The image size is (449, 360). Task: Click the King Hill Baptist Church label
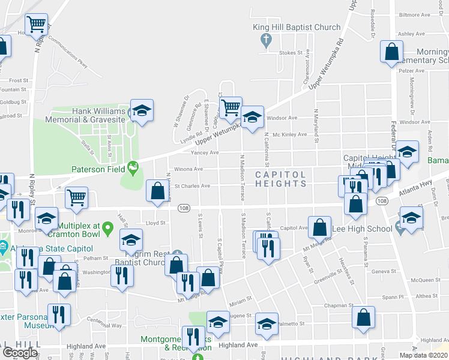point(297,27)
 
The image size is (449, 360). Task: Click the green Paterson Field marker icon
point(132,167)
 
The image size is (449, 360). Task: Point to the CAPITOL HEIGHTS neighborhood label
point(281,178)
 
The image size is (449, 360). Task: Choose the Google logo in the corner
point(20,352)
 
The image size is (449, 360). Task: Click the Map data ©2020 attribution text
point(424,355)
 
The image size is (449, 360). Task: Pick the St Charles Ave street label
point(191,186)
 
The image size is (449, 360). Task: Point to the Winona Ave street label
point(188,169)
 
